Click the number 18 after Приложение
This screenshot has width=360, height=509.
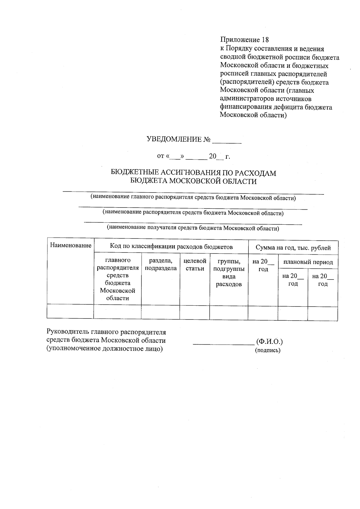click(265, 40)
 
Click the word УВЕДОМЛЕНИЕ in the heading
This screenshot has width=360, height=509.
click(174, 139)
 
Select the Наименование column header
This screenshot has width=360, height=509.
click(70, 246)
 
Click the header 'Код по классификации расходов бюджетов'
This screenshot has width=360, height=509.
click(171, 247)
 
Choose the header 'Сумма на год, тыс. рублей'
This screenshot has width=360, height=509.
click(293, 248)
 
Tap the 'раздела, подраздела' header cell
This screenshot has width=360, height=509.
click(160, 265)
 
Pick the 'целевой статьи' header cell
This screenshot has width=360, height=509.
click(195, 265)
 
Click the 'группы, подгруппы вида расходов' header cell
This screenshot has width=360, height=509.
click(229, 272)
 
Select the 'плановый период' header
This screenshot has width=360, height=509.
click(308, 262)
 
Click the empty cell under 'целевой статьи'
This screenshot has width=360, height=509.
click(194, 312)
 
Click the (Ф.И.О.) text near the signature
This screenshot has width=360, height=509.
click(269, 342)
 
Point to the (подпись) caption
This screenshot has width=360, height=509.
click(268, 350)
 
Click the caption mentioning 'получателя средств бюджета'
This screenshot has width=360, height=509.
click(193, 228)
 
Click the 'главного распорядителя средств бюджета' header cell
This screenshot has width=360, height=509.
click(118, 279)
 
